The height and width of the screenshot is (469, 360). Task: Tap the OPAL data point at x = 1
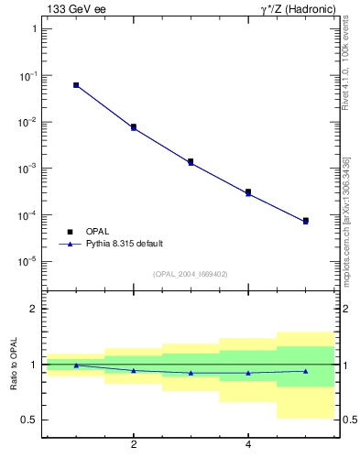[76, 85]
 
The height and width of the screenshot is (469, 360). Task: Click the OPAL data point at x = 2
[134, 126]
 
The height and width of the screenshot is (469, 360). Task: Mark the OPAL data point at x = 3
[191, 161]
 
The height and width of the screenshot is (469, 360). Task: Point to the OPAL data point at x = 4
[248, 192]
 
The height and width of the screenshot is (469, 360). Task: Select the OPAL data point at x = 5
[306, 221]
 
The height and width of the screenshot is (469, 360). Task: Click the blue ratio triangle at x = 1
[76, 365]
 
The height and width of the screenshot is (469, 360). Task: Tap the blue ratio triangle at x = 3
[191, 373]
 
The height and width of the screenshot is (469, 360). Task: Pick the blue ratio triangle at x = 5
[306, 371]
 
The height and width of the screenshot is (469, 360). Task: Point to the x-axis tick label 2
[134, 445]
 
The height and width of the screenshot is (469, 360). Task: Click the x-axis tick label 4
[248, 445]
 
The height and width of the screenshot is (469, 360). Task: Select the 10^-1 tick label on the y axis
[27, 76]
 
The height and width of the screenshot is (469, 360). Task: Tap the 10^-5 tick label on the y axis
[27, 262]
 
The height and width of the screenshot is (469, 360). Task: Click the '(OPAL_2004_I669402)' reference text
[191, 274]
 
